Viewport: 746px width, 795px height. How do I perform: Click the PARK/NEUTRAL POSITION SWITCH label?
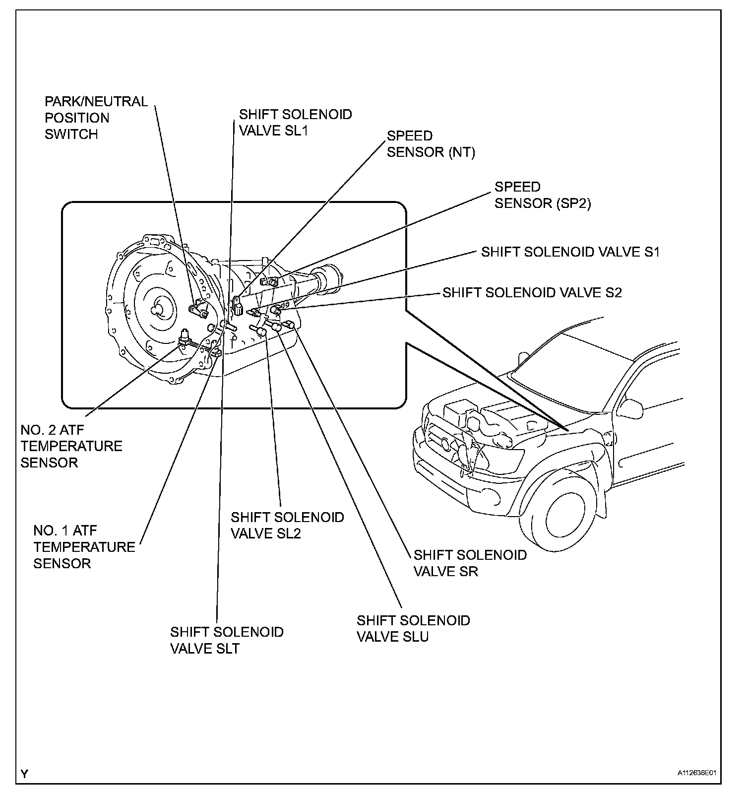(96, 118)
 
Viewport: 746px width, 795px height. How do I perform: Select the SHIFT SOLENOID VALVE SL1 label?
(295, 122)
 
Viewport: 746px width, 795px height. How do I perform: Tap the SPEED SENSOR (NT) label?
(431, 144)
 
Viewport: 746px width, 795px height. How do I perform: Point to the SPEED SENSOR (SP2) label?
(542, 195)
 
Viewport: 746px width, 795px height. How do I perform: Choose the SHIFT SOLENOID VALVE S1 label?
(570, 252)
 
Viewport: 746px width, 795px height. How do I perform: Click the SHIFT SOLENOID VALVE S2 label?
(532, 292)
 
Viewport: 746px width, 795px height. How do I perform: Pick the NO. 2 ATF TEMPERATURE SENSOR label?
(71, 446)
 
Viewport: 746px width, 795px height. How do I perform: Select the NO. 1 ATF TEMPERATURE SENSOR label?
(84, 547)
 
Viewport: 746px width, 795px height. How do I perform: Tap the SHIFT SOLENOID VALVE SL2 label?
(287, 525)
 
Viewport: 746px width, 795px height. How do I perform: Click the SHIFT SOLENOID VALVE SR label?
(470, 563)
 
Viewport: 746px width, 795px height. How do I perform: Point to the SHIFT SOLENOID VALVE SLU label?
(413, 628)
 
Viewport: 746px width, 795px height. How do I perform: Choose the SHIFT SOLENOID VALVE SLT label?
(226, 640)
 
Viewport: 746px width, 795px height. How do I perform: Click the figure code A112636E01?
(697, 773)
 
